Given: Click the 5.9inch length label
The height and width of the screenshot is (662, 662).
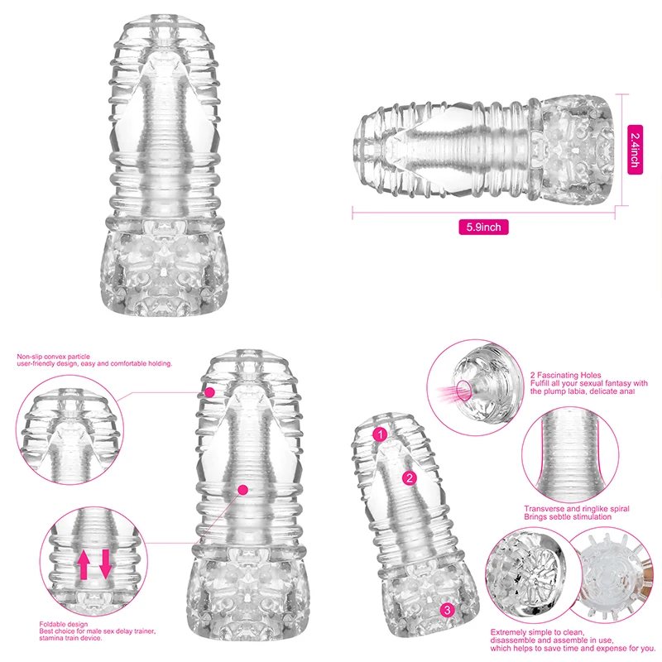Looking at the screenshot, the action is (x=485, y=227).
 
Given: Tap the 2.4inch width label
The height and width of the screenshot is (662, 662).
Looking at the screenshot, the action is (x=634, y=149).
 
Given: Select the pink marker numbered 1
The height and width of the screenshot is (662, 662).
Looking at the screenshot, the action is (x=380, y=434).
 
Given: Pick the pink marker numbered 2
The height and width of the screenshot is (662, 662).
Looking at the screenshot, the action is (x=408, y=477).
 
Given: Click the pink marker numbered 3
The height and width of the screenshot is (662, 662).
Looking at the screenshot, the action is (x=448, y=610).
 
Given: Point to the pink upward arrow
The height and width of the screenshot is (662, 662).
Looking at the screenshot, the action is (x=84, y=564).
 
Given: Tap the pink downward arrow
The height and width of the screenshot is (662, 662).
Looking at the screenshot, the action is (x=105, y=564).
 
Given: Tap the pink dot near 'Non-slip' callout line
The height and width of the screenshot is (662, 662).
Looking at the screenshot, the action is (x=210, y=391).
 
